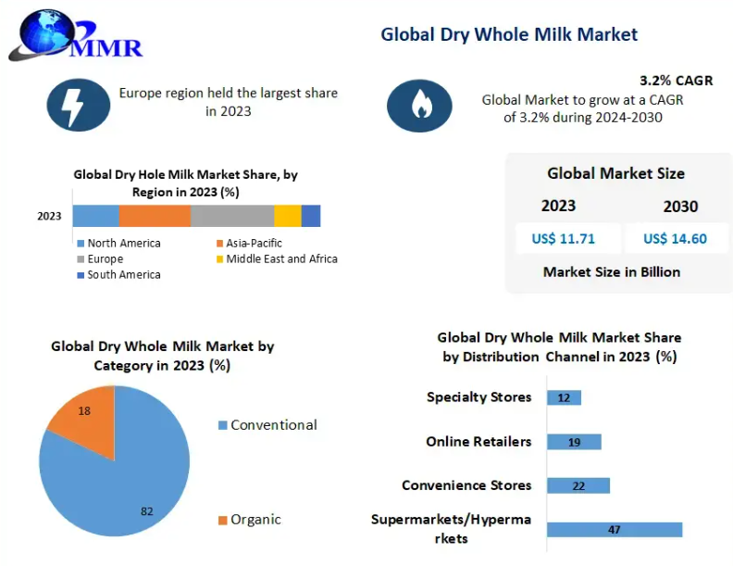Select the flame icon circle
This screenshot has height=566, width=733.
[419, 106]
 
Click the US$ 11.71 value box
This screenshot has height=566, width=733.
[563, 239]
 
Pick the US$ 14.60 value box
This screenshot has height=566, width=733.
[675, 239]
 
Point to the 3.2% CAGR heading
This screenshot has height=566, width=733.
[676, 81]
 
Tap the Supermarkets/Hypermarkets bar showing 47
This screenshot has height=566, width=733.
[614, 530]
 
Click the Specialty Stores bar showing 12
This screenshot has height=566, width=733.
[564, 397]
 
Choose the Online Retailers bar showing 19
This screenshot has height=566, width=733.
[574, 442]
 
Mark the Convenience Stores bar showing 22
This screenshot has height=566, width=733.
[578, 485]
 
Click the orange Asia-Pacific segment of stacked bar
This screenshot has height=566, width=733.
[155, 216]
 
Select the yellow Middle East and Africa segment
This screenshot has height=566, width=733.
[288, 216]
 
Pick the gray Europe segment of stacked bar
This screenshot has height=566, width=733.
[232, 216]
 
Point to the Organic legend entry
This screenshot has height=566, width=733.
[249, 520]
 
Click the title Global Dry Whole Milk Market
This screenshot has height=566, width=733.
[509, 34]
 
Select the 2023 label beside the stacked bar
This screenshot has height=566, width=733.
[49, 217]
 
